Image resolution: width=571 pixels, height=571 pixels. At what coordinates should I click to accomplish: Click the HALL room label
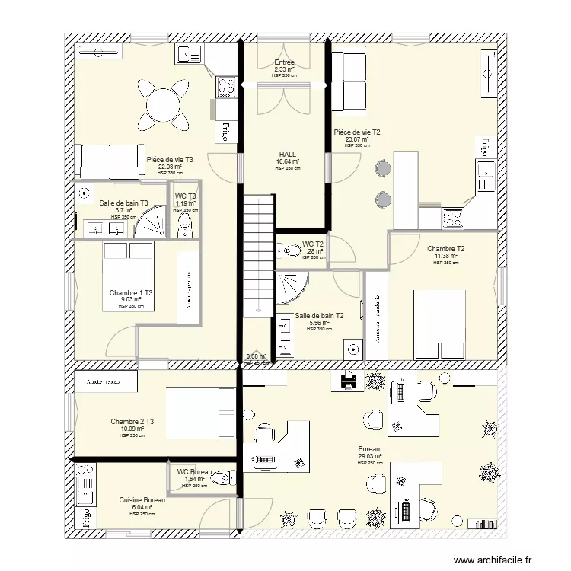tap(288, 154)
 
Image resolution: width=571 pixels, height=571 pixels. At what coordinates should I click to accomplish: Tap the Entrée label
tap(284, 62)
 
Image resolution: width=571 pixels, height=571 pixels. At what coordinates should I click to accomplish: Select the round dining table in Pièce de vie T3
tap(164, 104)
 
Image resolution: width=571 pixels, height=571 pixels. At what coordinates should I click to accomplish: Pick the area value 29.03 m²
tap(370, 456)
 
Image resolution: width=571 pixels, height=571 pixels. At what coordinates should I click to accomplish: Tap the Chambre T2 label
tap(446, 249)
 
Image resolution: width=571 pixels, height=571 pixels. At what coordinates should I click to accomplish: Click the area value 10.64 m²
tap(288, 161)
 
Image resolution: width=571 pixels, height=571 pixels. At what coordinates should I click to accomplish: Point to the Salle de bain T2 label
tap(318, 315)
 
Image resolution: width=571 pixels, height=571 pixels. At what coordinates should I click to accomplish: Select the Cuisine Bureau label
tap(142, 500)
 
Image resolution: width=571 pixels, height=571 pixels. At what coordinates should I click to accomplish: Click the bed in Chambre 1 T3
tap(129, 276)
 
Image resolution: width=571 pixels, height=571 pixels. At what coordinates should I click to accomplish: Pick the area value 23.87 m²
tap(356, 139)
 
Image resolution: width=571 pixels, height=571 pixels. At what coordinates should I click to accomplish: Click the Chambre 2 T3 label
tap(132, 422)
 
